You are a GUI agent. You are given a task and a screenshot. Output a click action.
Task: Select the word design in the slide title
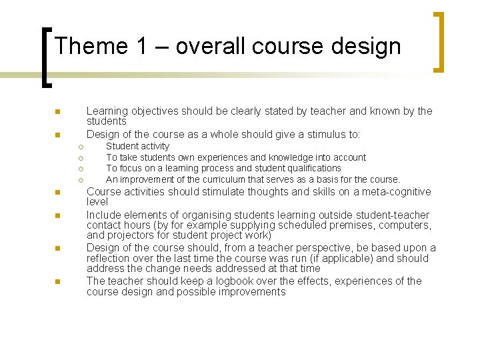(x=367, y=46)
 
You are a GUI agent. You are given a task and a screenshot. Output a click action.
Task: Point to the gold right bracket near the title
(x=439, y=41)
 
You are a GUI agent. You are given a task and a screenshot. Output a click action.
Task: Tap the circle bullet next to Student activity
(x=79, y=147)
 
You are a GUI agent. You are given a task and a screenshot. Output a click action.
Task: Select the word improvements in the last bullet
(x=254, y=292)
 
